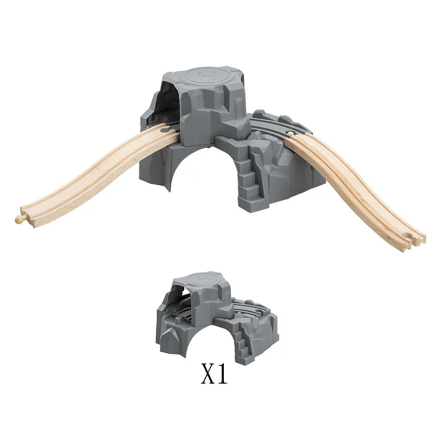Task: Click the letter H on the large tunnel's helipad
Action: (204, 74)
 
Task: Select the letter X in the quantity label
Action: (208, 376)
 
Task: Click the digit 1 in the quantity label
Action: (221, 376)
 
